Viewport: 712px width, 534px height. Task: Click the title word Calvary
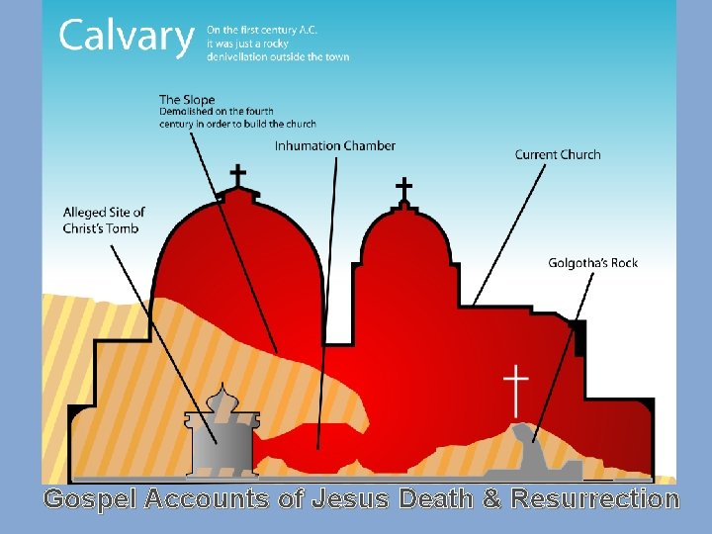coord(126,38)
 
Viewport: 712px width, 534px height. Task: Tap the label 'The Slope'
coord(187,99)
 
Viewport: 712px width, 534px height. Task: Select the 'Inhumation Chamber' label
coord(334,146)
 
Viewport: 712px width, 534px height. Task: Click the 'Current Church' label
coord(558,154)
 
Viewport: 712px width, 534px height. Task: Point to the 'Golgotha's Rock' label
coord(593,263)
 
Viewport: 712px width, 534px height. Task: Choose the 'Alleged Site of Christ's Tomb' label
coord(104,221)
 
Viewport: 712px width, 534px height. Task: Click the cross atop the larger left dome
coord(238,175)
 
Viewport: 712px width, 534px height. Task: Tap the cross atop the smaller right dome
coord(403,187)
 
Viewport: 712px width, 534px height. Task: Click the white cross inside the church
coord(516,389)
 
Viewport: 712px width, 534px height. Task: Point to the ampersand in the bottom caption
coord(490,499)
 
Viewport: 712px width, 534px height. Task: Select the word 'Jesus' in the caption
coord(352,499)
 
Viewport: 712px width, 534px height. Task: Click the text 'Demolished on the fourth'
coord(217,112)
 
